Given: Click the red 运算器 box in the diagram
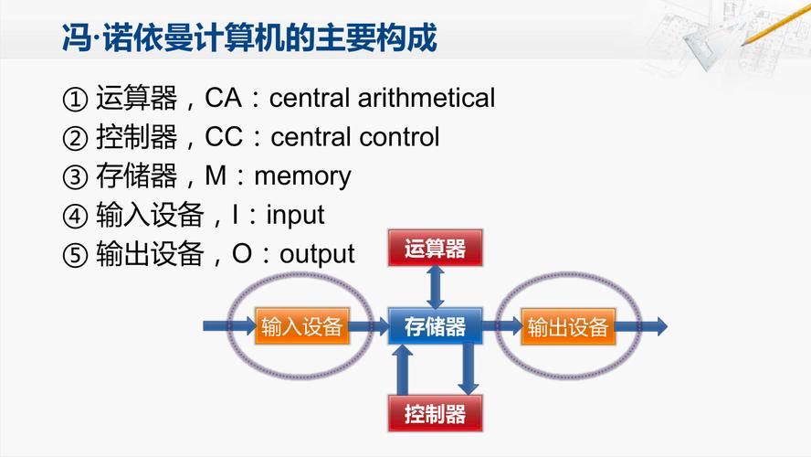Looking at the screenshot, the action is pos(435,248).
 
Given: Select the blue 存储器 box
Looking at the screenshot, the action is pos(435,326).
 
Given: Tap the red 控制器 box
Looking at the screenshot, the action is pos(435,413).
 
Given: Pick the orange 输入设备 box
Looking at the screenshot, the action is pos(302,326).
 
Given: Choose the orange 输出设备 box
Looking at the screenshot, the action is pos(568,326).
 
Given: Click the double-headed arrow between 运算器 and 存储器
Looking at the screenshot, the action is pos(435,287).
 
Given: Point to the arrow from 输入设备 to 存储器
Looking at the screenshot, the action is pos(369,326).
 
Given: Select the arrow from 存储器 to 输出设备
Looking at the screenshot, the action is pos(502,326).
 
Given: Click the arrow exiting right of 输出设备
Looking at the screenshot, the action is pos(641,326).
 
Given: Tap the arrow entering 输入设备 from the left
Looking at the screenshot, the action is pos(229,326).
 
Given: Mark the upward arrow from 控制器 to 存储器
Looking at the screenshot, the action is pos(403,370).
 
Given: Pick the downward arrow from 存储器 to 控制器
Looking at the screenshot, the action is pos(469,369).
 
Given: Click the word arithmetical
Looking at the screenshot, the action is pos(427,98).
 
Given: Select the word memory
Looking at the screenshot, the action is pos(302,177).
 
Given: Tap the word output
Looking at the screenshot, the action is pos(317,254).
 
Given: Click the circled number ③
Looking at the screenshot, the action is pos(75,177).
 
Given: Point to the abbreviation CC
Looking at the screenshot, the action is pos(224,137).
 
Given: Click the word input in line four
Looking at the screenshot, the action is pos(295,216).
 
